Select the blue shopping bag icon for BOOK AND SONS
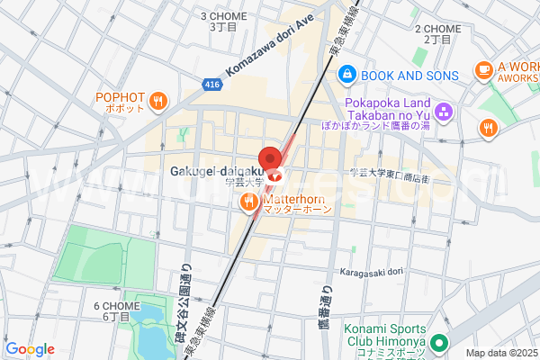pos(346,76)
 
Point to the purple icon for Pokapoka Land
pos(442,112)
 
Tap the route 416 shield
pos(211,84)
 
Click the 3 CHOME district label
pos(223,21)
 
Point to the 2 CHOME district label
pos(438,33)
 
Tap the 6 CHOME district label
pos(117,310)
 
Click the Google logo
pos(30,349)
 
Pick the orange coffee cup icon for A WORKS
pos(484,68)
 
